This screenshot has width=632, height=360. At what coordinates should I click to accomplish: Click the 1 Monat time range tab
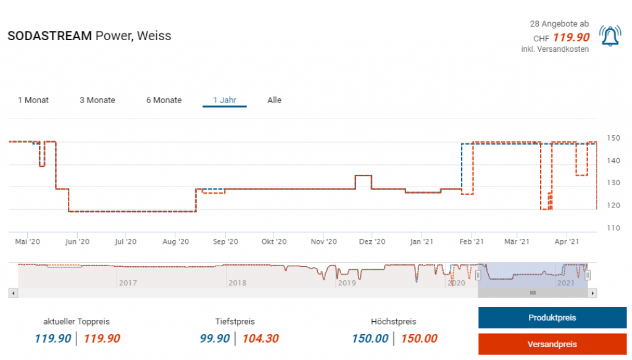[33, 100]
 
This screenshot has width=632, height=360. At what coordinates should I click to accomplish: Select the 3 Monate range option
[98, 100]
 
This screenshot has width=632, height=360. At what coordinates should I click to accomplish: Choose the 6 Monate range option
[164, 100]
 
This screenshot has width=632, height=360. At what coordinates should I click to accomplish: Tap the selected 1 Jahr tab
[225, 100]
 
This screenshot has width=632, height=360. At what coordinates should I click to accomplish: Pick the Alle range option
[275, 100]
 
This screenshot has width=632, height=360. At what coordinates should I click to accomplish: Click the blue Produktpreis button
[552, 317]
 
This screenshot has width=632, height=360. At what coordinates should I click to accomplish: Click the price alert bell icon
[610, 37]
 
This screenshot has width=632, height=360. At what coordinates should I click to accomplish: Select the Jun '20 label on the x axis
[78, 242]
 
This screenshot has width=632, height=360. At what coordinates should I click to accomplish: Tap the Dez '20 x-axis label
[373, 242]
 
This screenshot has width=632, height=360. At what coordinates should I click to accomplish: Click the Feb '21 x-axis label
[471, 242]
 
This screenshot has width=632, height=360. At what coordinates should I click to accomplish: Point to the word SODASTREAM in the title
[50, 36]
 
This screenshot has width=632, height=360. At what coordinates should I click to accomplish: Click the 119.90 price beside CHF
[571, 37]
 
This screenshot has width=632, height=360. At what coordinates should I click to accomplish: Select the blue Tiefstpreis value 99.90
[215, 338]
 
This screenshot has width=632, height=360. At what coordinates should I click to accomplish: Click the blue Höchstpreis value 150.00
[370, 338]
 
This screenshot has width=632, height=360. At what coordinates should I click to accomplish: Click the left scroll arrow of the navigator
[12, 293]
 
